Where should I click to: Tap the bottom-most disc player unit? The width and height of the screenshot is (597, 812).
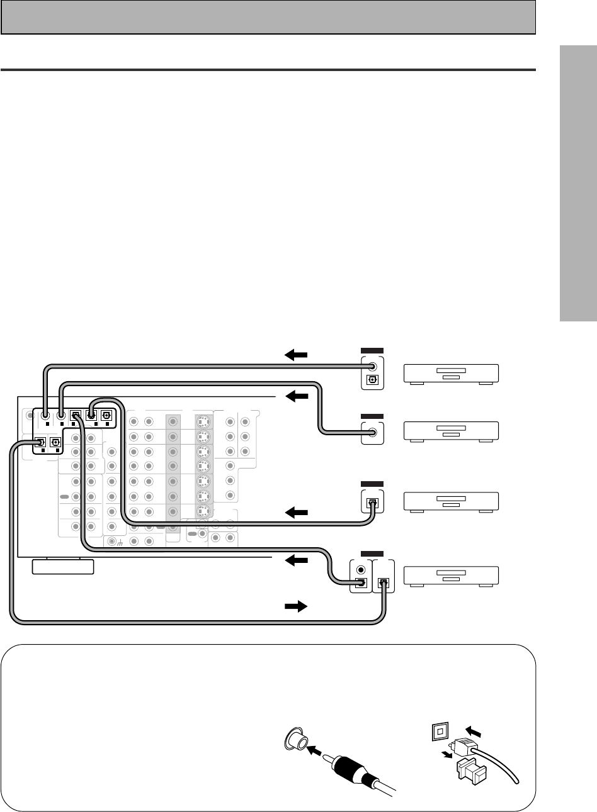click(450, 575)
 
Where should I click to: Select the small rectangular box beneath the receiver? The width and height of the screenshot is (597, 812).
click(62, 567)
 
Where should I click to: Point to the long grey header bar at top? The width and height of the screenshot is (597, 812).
click(268, 16)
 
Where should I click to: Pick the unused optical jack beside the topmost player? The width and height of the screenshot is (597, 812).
click(372, 380)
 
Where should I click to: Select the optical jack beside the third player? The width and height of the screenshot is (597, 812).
click(372, 503)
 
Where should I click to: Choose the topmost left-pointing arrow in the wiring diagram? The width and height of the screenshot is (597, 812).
click(296, 355)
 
